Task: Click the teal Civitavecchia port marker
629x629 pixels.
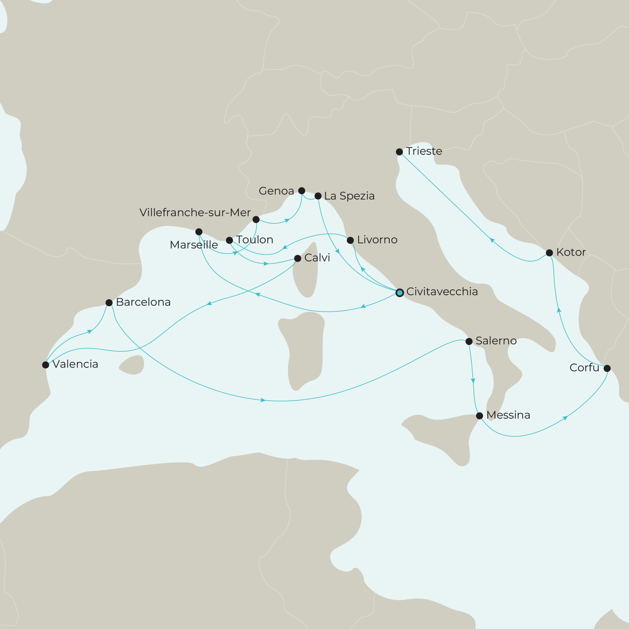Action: pyautogui.click(x=400, y=293)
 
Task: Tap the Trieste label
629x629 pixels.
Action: pyautogui.click(x=424, y=151)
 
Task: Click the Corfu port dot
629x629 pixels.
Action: pyautogui.click(x=607, y=368)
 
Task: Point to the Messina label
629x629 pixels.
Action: pyautogui.click(x=508, y=415)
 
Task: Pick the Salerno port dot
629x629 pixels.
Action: pyautogui.click(x=469, y=341)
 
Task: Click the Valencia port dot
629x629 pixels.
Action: pyautogui.click(x=46, y=365)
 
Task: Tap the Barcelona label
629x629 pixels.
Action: pyautogui.click(x=143, y=302)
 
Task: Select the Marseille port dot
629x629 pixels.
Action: pyautogui.click(x=199, y=232)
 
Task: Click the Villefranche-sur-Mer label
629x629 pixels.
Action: pyautogui.click(x=195, y=213)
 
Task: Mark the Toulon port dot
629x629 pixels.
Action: pyautogui.click(x=229, y=240)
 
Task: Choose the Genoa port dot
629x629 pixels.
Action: pyautogui.click(x=301, y=190)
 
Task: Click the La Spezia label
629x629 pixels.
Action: pyautogui.click(x=349, y=196)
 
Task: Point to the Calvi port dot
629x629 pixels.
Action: pyautogui.click(x=298, y=258)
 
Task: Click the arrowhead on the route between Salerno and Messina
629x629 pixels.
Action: pyautogui.click(x=473, y=380)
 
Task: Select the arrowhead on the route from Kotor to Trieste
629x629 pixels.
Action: pyautogui.click(x=492, y=240)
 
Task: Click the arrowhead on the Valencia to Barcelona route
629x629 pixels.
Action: pyautogui.click(x=89, y=332)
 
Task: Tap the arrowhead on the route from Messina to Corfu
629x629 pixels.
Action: pyautogui.click(x=565, y=418)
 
